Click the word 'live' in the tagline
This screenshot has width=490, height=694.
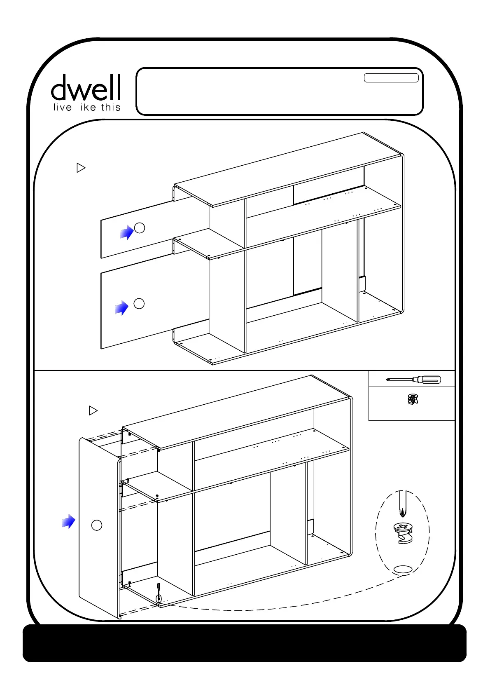click(62, 108)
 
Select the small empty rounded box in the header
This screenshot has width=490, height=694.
click(391, 78)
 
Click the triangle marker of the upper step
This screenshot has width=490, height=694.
click(81, 168)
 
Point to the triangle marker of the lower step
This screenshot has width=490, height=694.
click(93, 410)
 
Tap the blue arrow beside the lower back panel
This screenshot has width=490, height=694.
click(121, 307)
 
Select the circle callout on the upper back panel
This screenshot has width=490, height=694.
click(140, 227)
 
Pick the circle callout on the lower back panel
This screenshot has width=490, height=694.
click(139, 304)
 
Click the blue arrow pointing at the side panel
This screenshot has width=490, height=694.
click(68, 521)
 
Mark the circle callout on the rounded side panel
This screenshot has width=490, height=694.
click(96, 525)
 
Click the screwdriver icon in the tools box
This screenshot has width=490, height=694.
click(413, 379)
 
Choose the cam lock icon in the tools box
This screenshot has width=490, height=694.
click(412, 399)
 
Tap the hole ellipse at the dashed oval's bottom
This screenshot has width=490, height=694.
click(403, 569)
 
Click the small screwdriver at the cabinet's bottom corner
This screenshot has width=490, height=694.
click(159, 593)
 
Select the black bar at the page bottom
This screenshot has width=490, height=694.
click(245, 643)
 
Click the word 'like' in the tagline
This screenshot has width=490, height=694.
click(86, 108)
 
